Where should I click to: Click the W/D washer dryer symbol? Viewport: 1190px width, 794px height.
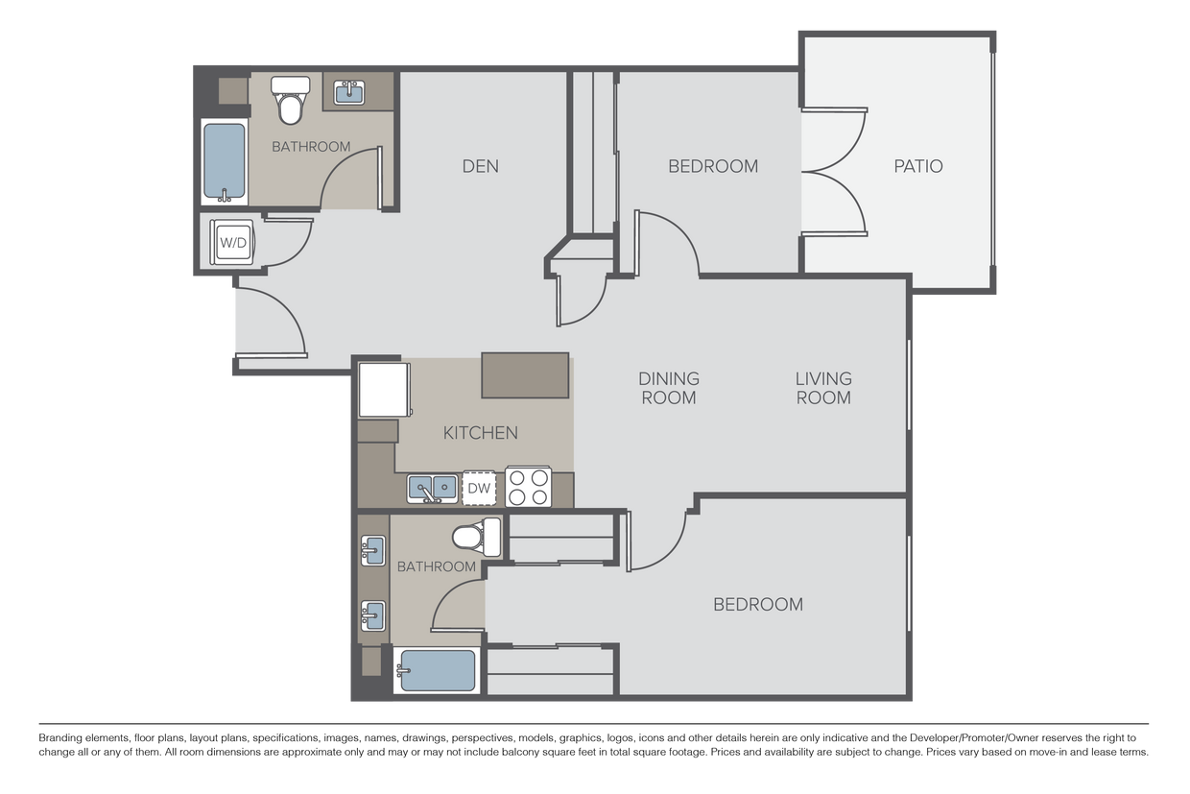[233, 243]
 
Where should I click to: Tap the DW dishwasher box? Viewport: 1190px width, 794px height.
[479, 489]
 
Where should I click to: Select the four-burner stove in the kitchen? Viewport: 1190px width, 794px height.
[528, 487]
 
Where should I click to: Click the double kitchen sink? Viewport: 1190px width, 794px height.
[432, 488]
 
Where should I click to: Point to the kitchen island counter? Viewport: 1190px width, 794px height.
[525, 375]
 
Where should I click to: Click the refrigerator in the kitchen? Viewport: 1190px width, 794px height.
[384, 389]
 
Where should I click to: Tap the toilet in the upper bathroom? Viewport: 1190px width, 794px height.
[291, 100]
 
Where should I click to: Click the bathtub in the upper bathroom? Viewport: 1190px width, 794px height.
[225, 161]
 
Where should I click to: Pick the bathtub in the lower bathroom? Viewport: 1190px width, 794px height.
[437, 670]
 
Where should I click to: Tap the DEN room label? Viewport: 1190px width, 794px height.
[480, 166]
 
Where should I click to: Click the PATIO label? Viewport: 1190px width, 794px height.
[918, 166]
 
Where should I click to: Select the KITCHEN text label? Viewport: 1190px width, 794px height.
[480, 433]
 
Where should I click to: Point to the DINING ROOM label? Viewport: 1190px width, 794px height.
[669, 388]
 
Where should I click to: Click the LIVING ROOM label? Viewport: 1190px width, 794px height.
[823, 388]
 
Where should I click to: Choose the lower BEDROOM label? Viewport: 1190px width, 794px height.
[757, 604]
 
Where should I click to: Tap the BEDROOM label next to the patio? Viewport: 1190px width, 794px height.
[713, 166]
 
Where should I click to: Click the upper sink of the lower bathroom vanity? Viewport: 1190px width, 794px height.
[373, 551]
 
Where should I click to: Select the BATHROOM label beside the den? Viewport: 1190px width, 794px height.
[311, 147]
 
